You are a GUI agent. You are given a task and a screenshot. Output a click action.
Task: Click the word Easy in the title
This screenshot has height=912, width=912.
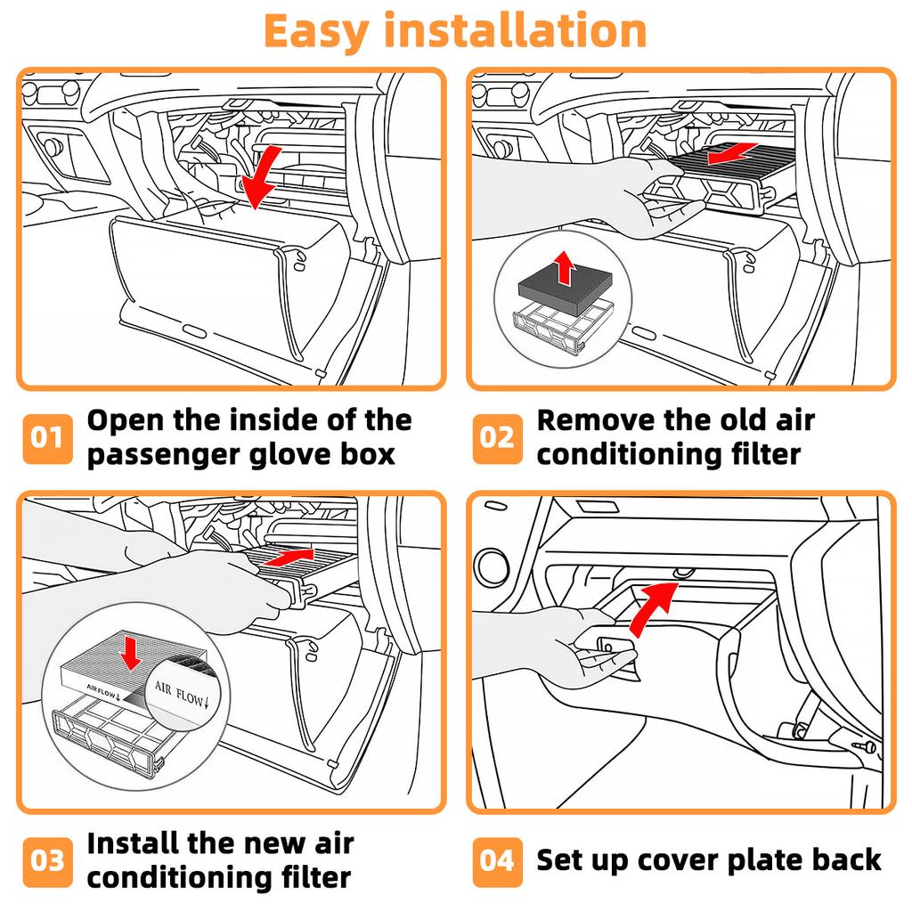316,32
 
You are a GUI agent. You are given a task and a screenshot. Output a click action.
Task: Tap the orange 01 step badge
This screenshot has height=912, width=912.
48,438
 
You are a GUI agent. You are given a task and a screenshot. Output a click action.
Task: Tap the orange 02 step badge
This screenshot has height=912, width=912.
497,438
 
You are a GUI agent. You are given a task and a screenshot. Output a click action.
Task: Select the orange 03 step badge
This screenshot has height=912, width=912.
48,862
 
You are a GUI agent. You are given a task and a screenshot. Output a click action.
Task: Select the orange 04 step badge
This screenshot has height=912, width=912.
497,862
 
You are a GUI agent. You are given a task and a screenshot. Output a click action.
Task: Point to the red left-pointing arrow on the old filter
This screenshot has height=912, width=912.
732,153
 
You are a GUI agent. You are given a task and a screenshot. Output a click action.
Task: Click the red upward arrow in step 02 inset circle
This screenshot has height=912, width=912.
564,267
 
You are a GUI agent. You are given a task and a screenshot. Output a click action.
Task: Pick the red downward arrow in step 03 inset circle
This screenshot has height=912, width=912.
130,653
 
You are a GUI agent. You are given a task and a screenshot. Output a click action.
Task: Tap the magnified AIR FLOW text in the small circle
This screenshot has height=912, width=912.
181,694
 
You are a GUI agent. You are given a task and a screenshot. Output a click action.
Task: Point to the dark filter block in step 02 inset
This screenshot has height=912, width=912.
566,285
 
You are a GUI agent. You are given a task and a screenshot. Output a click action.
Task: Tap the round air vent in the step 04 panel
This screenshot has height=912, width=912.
493,566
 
